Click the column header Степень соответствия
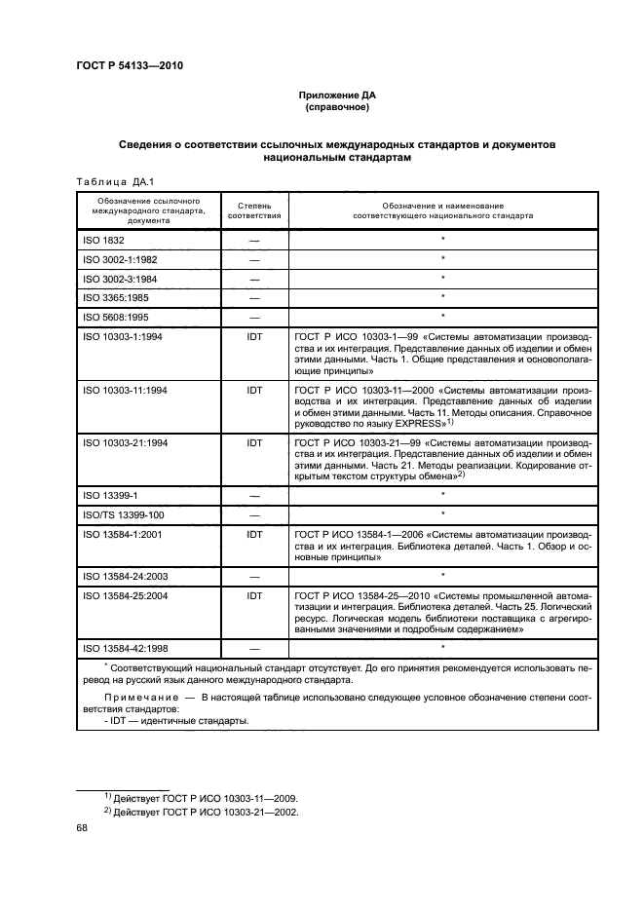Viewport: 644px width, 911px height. point(254,210)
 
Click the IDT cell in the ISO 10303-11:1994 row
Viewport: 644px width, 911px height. point(254,390)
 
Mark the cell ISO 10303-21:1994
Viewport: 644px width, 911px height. point(123,442)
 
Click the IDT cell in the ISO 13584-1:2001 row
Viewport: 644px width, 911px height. point(254,534)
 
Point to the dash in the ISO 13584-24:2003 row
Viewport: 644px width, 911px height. point(254,576)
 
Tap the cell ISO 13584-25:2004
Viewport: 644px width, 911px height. point(123,594)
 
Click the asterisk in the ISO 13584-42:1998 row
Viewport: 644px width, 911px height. point(442,647)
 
